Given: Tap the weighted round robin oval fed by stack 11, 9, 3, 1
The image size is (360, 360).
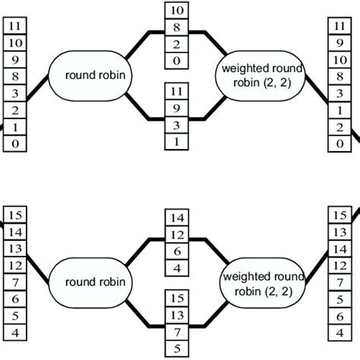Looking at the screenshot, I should [260, 74].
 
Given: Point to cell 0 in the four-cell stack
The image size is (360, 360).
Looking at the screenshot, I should [177, 62].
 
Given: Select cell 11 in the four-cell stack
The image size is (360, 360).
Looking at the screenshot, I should [177, 93].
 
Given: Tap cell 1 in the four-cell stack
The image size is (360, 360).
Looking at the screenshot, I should [177, 142].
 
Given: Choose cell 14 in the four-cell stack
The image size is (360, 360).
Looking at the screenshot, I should [177, 219].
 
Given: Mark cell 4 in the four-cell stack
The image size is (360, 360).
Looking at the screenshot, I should [177, 268].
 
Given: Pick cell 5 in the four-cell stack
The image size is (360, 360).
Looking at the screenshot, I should [177, 349].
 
